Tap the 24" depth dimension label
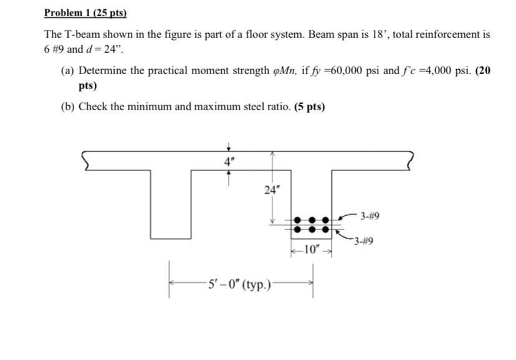click(x=270, y=190)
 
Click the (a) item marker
click(x=67, y=71)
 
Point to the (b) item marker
click(x=67, y=107)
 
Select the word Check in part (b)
click(x=92, y=107)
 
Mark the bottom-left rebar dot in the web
click(x=297, y=229)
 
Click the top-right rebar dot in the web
click(x=323, y=220)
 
